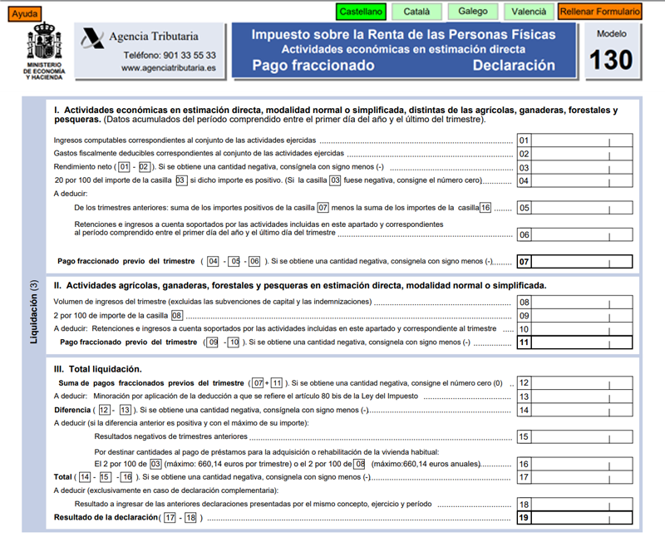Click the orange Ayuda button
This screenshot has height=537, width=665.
click(24, 14)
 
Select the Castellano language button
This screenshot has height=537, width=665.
click(362, 12)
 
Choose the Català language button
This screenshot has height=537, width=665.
click(416, 12)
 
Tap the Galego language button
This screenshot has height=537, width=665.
click(473, 12)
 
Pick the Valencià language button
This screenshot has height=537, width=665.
click(528, 12)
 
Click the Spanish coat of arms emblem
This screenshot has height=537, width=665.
click(44, 42)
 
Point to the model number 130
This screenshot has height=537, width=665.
click(611, 60)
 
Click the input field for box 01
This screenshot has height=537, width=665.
click(582, 140)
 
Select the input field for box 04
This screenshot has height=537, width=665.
click(582, 181)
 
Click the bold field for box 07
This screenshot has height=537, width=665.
click(582, 262)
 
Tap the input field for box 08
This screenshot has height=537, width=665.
click(582, 303)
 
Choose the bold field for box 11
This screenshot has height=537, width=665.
click(582, 342)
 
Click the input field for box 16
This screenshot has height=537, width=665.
click(582, 464)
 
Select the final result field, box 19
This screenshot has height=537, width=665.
click(582, 518)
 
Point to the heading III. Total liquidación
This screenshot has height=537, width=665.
click(97, 368)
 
